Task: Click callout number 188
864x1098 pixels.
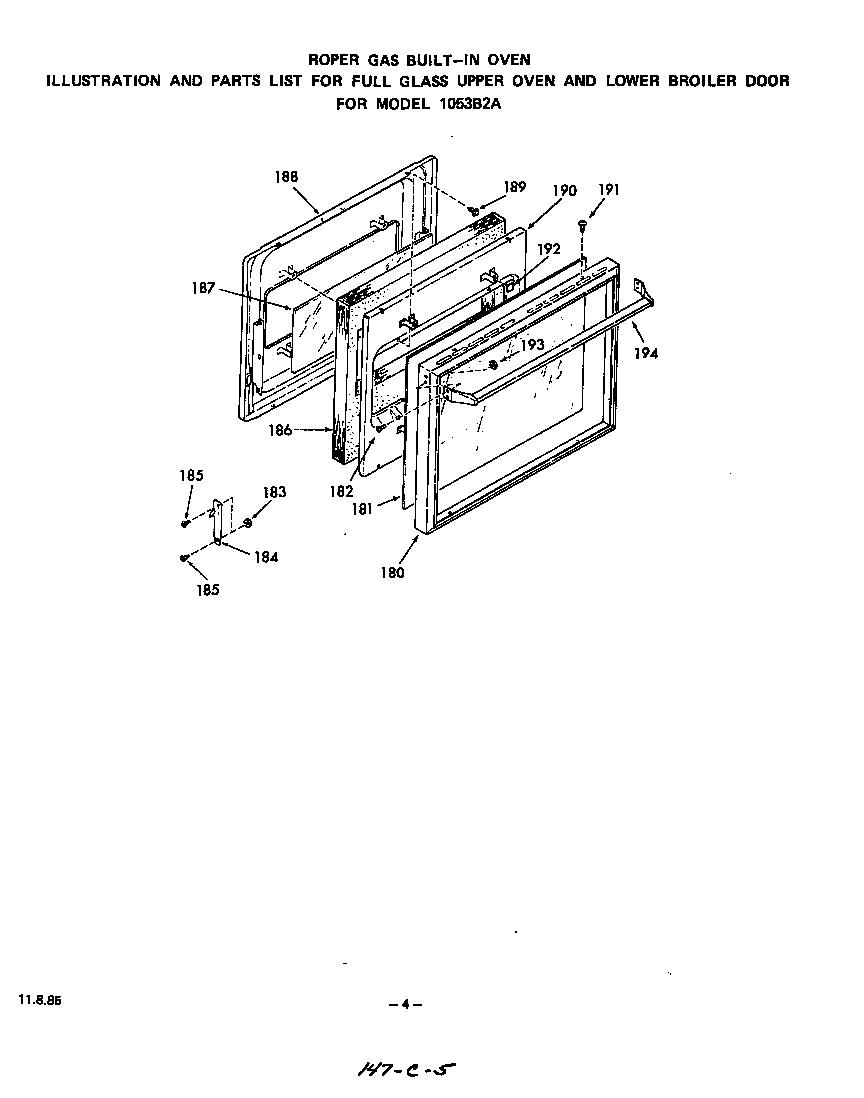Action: point(286,176)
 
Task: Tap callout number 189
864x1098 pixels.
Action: point(514,186)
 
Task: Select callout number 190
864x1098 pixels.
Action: point(564,190)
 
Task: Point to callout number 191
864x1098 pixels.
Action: point(608,190)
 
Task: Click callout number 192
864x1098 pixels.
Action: point(549,248)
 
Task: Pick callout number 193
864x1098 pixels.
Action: point(532,344)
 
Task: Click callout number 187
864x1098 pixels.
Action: point(203,288)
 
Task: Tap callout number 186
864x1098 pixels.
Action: point(280,430)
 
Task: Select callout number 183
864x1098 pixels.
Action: point(274,492)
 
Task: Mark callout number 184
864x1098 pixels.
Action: point(265,558)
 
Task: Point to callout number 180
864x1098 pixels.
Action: point(392,573)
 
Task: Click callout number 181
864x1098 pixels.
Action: point(361,509)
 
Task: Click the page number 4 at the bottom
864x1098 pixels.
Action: point(405,1004)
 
